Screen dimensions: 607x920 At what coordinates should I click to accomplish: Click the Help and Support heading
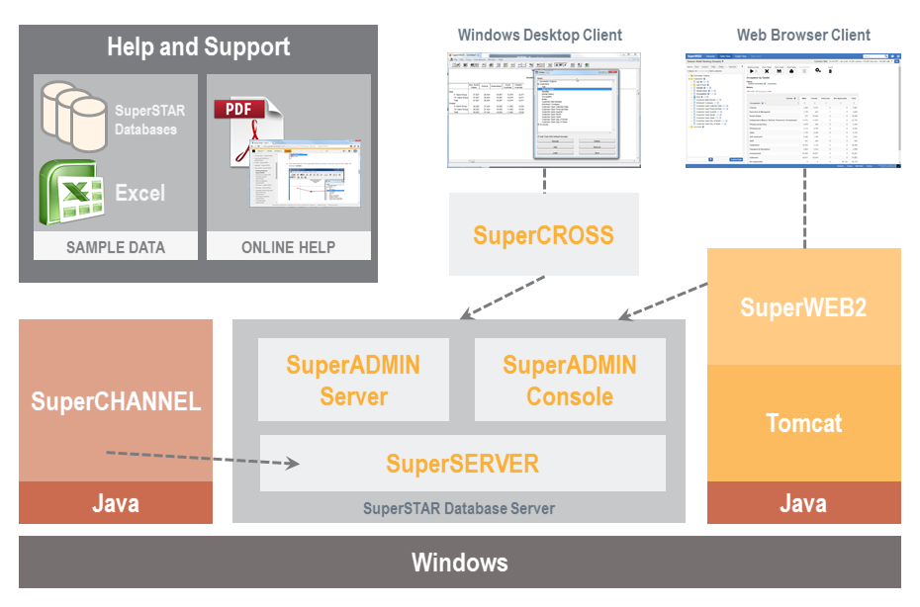click(x=198, y=46)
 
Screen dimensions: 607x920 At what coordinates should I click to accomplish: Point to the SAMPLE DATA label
click(x=116, y=247)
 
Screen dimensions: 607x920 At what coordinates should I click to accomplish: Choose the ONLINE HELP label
click(x=289, y=247)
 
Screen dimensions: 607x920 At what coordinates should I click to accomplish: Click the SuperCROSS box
click(x=543, y=234)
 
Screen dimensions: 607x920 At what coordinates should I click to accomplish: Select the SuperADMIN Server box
click(x=353, y=380)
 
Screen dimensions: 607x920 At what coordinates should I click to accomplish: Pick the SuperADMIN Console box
click(x=570, y=380)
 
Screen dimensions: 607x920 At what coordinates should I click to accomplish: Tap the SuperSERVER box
click(x=462, y=464)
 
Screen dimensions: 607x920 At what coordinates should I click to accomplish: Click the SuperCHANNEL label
click(x=116, y=400)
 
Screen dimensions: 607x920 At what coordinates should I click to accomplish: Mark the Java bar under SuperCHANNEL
click(x=116, y=503)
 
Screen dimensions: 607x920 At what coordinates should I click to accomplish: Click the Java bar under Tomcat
click(x=803, y=503)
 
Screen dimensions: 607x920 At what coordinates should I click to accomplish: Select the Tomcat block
click(x=803, y=423)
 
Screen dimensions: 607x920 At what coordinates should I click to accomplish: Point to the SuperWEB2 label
click(x=803, y=307)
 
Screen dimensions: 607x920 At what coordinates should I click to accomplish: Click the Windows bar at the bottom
click(x=460, y=564)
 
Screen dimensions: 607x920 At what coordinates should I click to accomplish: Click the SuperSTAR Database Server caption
click(x=459, y=509)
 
